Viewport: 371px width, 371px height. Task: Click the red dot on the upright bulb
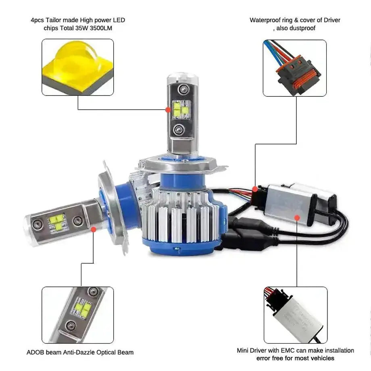[168, 109]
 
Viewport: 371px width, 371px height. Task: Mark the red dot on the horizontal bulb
[94, 229]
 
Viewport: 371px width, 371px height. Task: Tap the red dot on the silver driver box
[297, 217]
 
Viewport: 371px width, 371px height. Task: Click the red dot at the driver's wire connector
[255, 188]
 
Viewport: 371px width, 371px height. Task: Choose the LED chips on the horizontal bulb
[56, 222]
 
